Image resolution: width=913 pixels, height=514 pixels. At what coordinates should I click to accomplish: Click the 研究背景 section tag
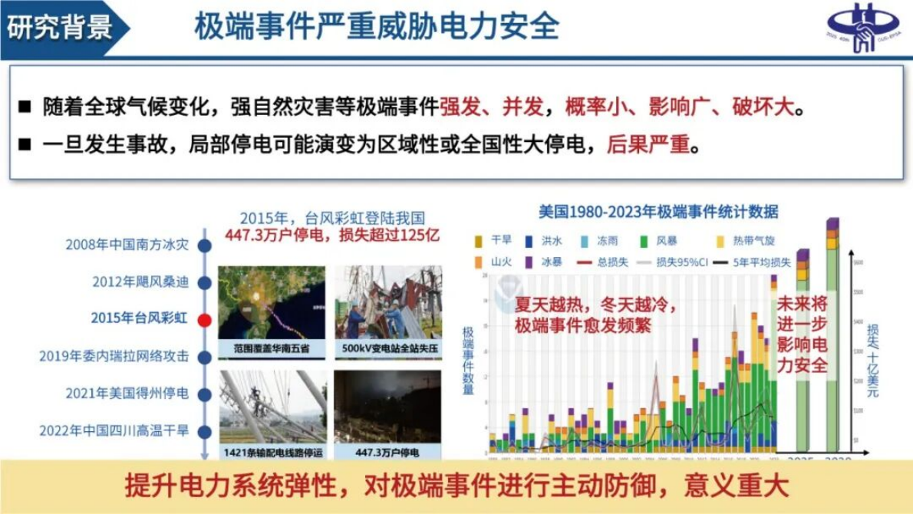pyautogui.click(x=59, y=28)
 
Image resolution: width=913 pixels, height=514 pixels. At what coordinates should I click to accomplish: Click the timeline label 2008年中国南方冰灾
pyautogui.click(x=127, y=245)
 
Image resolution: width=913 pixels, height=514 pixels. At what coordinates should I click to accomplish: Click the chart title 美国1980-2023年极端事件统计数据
pyautogui.click(x=658, y=212)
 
